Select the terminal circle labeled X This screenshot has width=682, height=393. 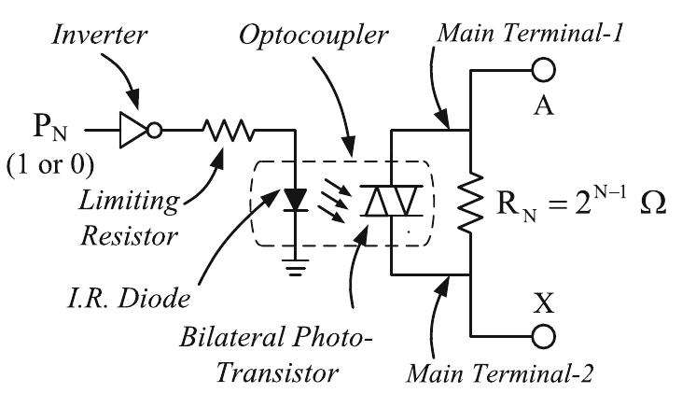point(542,335)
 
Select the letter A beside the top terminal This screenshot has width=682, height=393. point(541,105)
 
